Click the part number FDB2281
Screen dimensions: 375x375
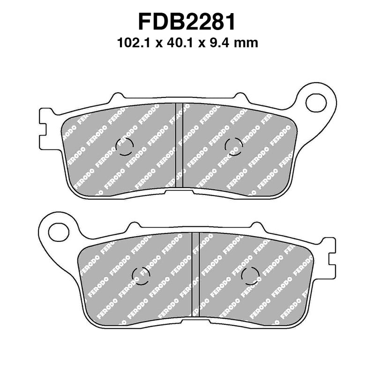point(187,22)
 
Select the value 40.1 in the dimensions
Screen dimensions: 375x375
point(178,44)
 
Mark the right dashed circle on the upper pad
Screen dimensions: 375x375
point(233,147)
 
